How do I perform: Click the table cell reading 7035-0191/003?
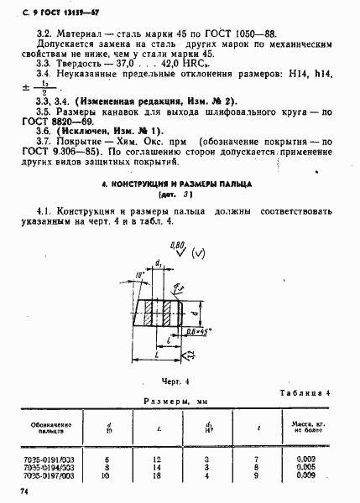pos(51,458)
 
